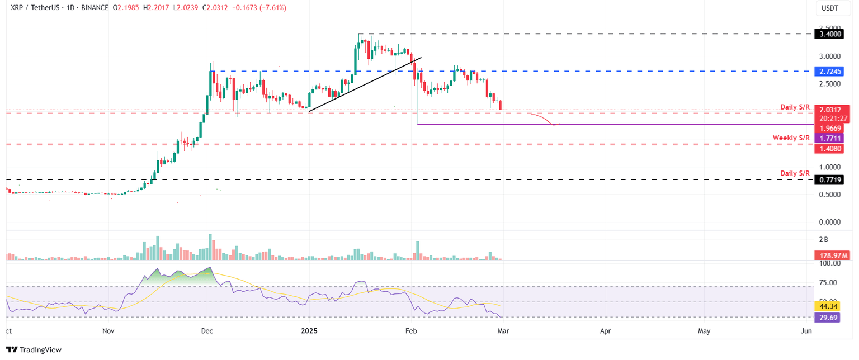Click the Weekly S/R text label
click(791, 138)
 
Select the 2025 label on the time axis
click(309, 331)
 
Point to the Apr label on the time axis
click(606, 331)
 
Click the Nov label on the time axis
click(108, 331)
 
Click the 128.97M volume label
click(829, 255)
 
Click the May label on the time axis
click(704, 331)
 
